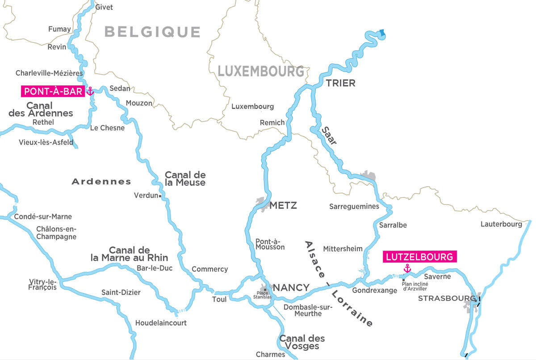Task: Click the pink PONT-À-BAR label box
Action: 52,92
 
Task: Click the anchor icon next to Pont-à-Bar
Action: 90,92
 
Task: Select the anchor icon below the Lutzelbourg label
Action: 407,268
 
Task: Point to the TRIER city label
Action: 340,83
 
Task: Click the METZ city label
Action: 283,205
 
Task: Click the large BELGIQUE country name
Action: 152,32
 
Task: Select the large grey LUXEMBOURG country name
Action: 261,71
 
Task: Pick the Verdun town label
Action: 146,196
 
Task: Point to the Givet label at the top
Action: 104,7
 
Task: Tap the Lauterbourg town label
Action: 501,224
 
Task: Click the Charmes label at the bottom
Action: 270,355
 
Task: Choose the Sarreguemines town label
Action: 354,206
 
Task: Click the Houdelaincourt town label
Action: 161,322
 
